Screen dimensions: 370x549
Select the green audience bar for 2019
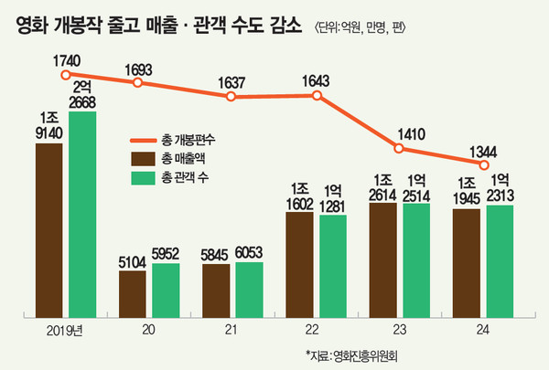[x=81, y=214]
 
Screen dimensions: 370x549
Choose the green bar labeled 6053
[x=249, y=291]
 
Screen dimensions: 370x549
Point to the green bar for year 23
[x=415, y=261]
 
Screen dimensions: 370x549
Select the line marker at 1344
[x=483, y=165]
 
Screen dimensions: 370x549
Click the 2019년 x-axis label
[x=63, y=330]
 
